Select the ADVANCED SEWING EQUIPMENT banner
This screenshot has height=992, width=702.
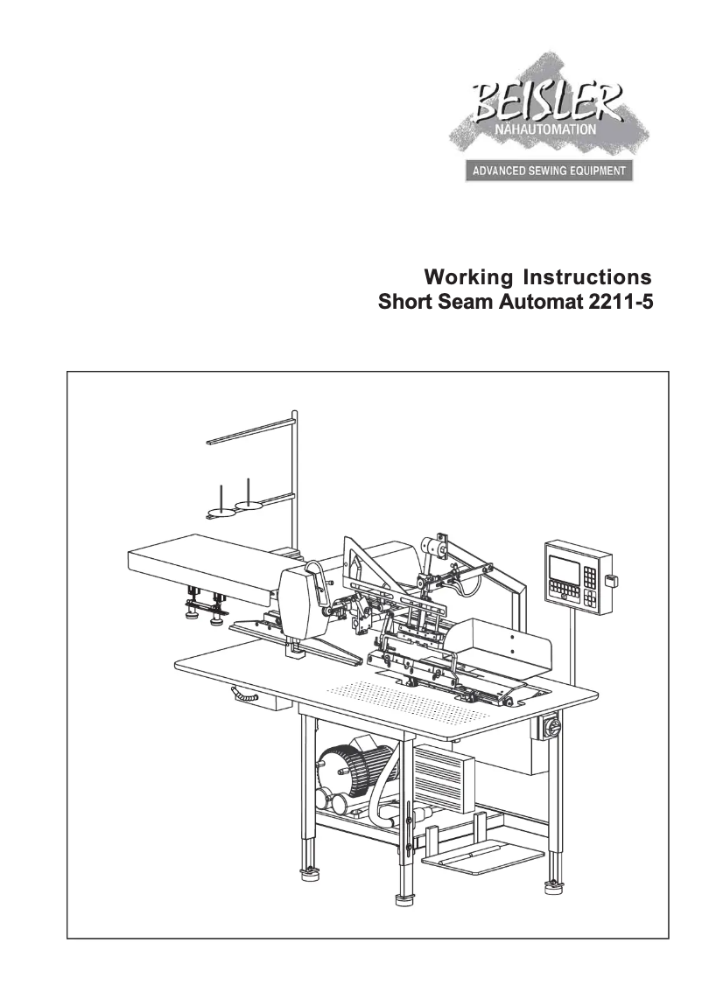[x=549, y=171]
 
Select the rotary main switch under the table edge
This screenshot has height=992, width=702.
[x=553, y=726]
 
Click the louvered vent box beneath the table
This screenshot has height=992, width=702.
[x=444, y=778]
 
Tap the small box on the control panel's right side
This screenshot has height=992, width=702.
[x=612, y=579]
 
